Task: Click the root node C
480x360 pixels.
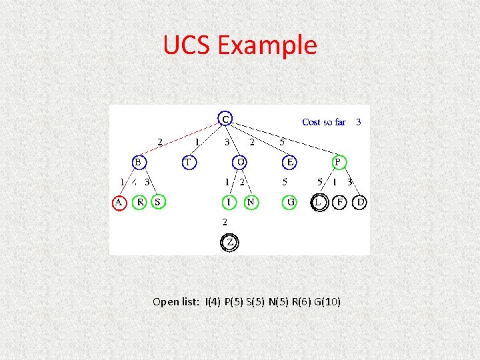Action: point(226,119)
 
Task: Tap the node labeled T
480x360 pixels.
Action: point(189,162)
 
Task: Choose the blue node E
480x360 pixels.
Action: point(290,162)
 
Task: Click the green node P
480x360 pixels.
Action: point(338,162)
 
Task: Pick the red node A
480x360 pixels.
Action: point(119,201)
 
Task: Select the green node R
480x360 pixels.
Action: point(139,201)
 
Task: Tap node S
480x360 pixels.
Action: point(158,201)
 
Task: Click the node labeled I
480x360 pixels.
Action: point(229,201)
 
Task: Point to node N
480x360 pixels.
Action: point(251,201)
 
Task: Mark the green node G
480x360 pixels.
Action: point(290,201)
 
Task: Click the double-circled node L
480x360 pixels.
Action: point(320,201)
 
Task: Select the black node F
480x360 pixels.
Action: point(340,201)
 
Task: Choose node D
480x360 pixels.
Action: point(360,201)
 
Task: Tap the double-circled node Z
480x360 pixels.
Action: point(229,243)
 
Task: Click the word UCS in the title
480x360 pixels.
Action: point(186,45)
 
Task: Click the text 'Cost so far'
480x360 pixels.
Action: point(324,122)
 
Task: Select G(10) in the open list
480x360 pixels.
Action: point(325,302)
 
